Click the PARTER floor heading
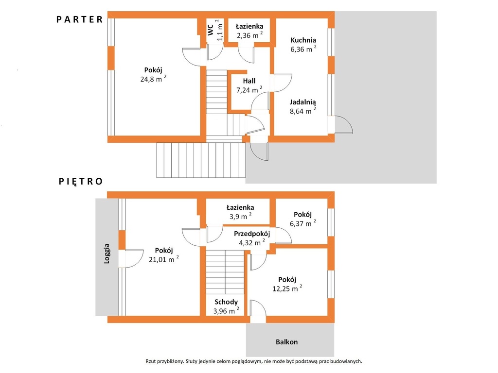[x=80, y=19]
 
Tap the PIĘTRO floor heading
[x=81, y=182]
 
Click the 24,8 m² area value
[x=153, y=79]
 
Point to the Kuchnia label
[x=303, y=40]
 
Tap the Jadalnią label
[x=302, y=102]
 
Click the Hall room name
[x=249, y=81]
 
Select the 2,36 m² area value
[x=250, y=35]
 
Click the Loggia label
[x=107, y=254]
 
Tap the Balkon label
[x=287, y=342]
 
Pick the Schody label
[x=226, y=302]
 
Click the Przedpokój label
[x=252, y=234]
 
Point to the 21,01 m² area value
[x=164, y=259]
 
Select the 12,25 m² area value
[x=287, y=288]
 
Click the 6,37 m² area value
[x=303, y=223]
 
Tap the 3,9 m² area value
[x=240, y=216]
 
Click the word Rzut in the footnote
[x=152, y=361]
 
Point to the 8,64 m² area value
[x=303, y=111]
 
